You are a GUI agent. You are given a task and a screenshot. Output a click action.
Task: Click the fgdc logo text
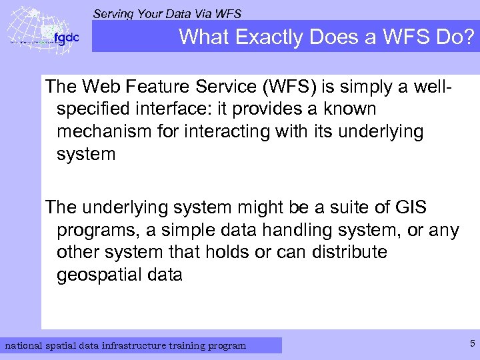(x=66, y=38)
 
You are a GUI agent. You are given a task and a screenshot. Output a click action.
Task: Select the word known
(x=349, y=109)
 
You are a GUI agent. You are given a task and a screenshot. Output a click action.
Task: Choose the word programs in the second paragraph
(x=95, y=231)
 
